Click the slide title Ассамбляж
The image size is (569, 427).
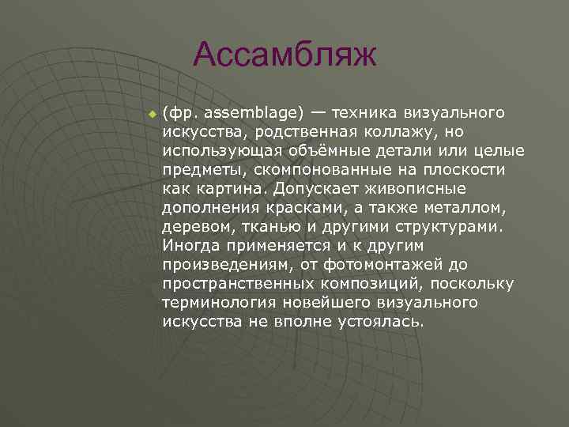pos(285,55)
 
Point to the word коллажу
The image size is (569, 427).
pos(412,131)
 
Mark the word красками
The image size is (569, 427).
pos(305,208)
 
